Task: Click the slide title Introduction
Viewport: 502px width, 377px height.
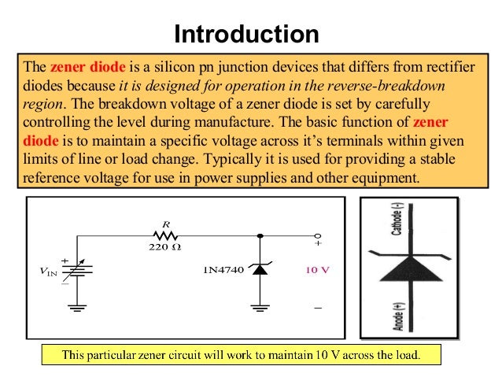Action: click(246, 35)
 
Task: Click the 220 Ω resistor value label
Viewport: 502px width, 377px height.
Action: click(164, 248)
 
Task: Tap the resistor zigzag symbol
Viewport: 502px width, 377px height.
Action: click(164, 235)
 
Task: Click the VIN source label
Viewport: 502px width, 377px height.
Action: click(49, 272)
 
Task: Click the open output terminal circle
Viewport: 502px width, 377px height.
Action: click(318, 235)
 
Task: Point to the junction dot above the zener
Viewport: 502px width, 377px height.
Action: click(260, 235)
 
